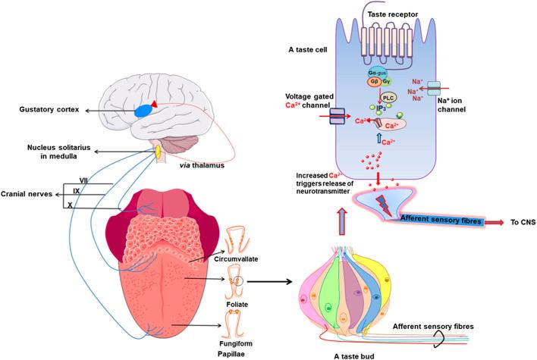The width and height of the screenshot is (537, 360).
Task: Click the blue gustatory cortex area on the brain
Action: [148, 111]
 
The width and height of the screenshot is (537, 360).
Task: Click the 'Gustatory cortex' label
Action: [42, 111]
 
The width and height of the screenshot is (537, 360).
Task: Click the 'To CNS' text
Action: [517, 224]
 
